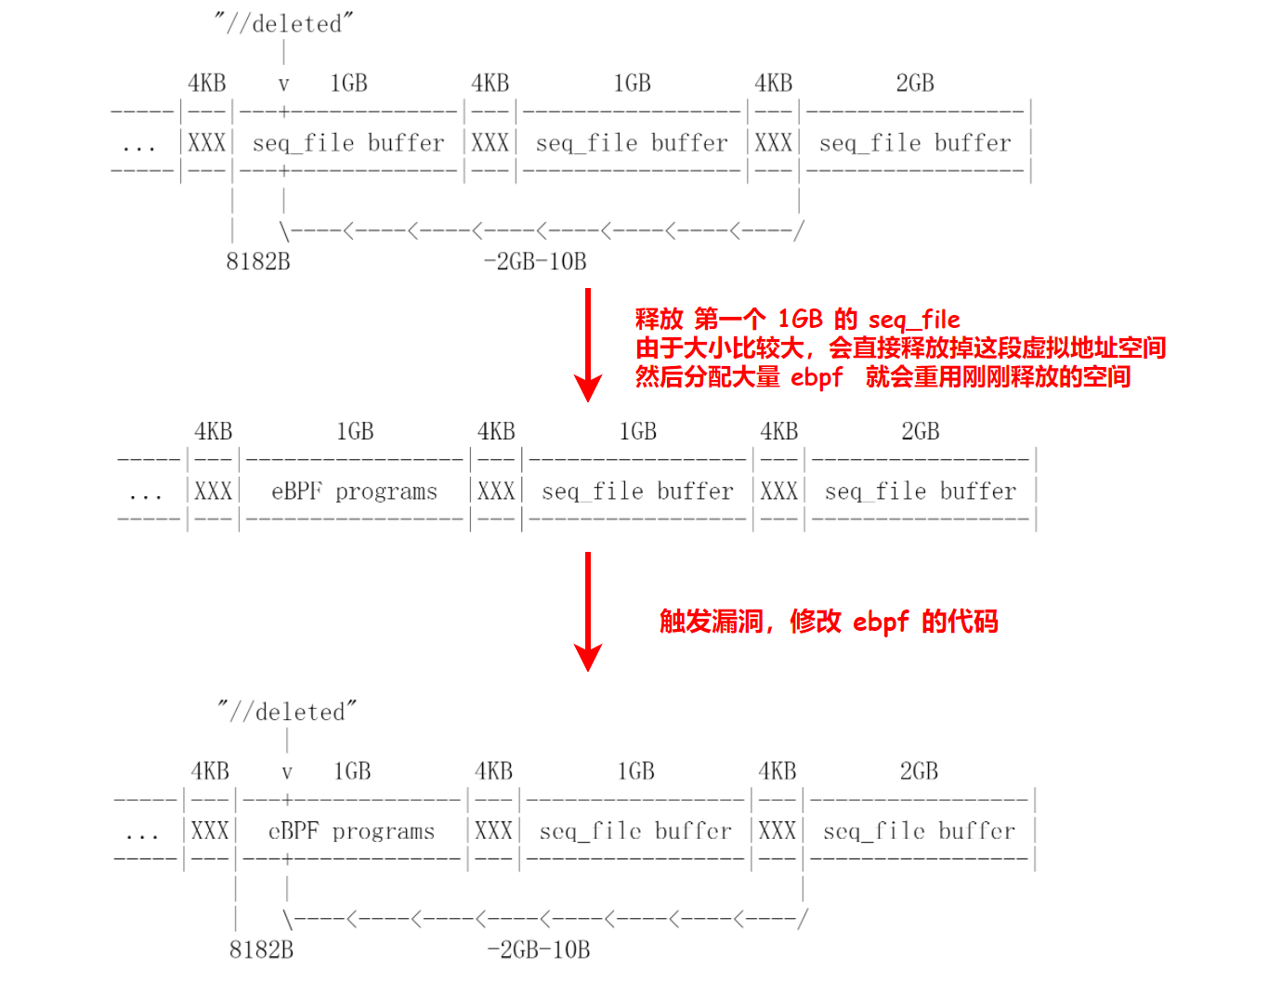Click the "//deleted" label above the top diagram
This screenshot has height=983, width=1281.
tap(284, 23)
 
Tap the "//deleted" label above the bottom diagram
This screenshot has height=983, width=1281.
tap(287, 712)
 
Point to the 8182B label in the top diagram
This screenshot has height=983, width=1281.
tap(258, 262)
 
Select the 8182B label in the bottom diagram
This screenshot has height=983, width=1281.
tap(261, 950)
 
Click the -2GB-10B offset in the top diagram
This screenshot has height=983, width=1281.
tap(535, 262)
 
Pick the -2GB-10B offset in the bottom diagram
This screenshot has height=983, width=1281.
tap(539, 950)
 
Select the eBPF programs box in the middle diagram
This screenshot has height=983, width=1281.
tap(354, 491)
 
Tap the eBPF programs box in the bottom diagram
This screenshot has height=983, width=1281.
tap(351, 831)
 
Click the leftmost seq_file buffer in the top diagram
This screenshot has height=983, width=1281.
tap(348, 143)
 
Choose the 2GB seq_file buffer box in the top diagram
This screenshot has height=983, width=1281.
tap(915, 143)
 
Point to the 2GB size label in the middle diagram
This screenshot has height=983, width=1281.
tap(921, 432)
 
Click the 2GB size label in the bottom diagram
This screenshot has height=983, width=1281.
tap(919, 771)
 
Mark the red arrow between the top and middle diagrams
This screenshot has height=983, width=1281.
tap(588, 344)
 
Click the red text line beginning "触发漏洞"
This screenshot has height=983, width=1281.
tap(829, 622)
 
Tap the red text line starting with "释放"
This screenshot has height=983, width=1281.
tap(797, 320)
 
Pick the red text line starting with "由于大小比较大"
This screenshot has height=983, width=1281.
tap(900, 348)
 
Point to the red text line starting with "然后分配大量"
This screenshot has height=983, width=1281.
tap(882, 376)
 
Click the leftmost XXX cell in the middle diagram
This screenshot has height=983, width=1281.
tap(214, 491)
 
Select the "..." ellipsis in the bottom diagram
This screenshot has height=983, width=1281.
tap(142, 834)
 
